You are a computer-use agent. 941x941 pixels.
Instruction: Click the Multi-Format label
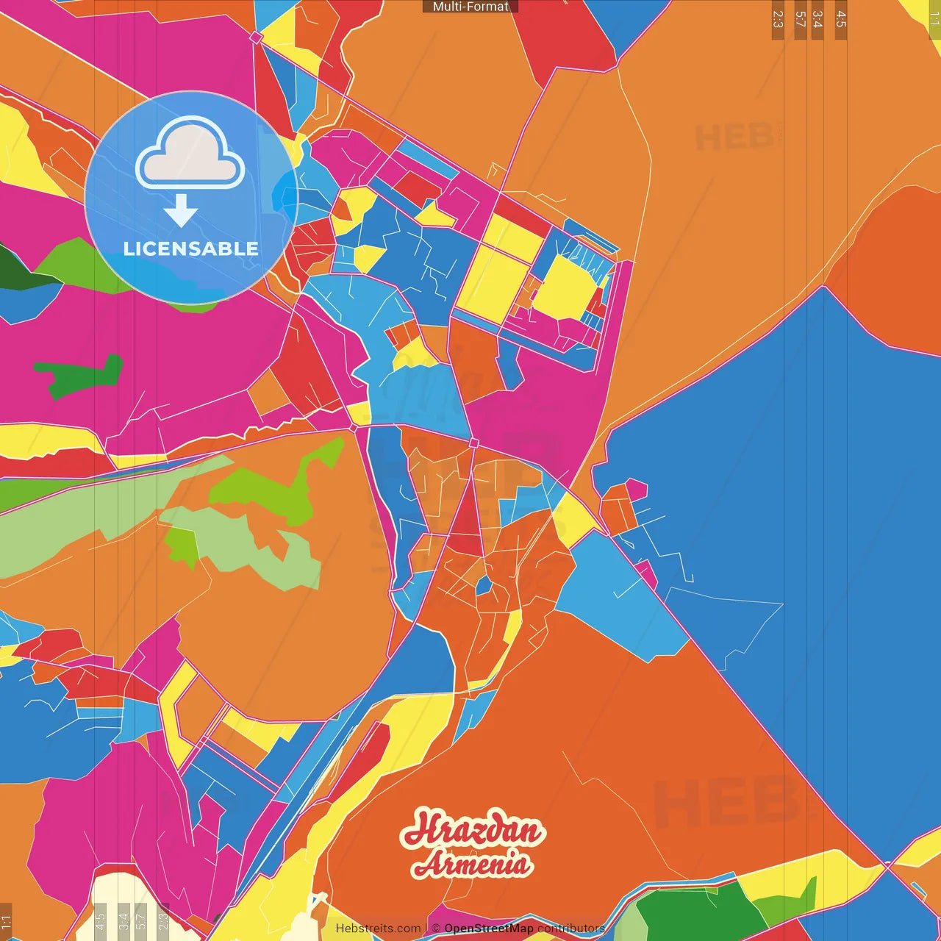pos(470,7)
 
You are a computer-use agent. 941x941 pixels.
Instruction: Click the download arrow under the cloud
pos(181,211)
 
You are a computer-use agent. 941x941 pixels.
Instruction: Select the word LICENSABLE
pos(190,248)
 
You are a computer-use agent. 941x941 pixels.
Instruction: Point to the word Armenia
pos(470,863)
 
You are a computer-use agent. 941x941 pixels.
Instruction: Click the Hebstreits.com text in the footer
pos(378,929)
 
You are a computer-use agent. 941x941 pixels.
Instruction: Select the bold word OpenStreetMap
pos(488,929)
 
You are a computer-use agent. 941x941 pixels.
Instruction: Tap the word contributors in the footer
pos(570,929)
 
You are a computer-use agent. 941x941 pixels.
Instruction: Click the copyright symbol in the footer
pos(436,929)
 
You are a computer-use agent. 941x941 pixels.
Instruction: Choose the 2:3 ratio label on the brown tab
pos(778,19)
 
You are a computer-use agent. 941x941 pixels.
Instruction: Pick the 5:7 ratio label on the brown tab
pos(800,19)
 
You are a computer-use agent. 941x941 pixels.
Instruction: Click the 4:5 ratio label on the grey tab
pos(100,920)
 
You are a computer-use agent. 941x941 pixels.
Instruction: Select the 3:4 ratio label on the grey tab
pos(124,920)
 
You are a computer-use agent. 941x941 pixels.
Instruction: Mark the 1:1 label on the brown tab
pos(6,922)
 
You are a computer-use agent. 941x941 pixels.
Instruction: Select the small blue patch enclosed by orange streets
pos(484,586)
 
